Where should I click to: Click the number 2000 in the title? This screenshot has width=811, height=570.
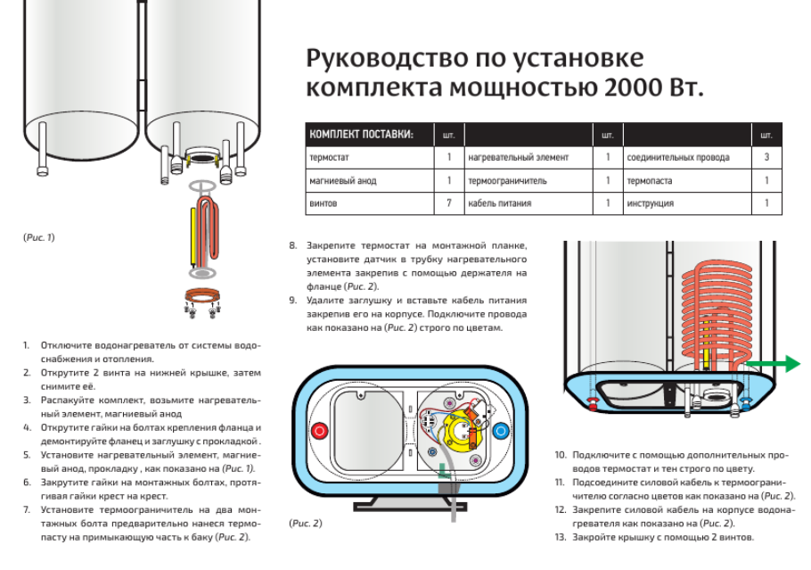pyautogui.click(x=629, y=89)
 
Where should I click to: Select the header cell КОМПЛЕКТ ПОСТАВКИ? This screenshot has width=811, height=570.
pyautogui.click(x=361, y=135)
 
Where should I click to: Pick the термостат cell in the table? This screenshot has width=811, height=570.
pyautogui.click(x=329, y=157)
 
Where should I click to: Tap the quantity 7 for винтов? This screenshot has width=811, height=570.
pyautogui.click(x=448, y=203)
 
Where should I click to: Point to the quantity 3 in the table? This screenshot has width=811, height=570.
pyautogui.click(x=766, y=157)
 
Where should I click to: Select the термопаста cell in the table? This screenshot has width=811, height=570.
pyautogui.click(x=650, y=180)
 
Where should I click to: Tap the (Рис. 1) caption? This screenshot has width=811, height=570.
pyautogui.click(x=38, y=237)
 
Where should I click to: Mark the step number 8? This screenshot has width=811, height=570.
pyautogui.click(x=292, y=245)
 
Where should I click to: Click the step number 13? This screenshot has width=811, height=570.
pyautogui.click(x=560, y=538)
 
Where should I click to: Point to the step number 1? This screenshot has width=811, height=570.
pyautogui.click(x=27, y=344)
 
